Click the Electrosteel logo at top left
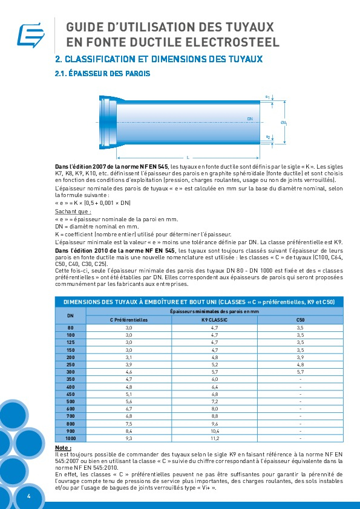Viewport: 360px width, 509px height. tap(27, 35)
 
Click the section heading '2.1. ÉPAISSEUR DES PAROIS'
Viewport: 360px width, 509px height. tap(103, 74)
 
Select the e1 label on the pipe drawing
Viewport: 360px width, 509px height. tap(267, 96)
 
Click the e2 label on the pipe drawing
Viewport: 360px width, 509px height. tap(267, 137)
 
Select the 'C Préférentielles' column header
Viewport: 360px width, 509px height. tap(128, 319)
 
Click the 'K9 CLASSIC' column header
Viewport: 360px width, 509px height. tap(214, 319)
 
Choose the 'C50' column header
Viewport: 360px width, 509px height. tap(300, 319)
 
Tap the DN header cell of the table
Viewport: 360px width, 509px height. tap(70, 315)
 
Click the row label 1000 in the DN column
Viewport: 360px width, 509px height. tap(70, 437)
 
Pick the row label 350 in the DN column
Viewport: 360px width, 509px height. tap(70, 378)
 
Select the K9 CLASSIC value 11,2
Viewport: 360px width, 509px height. tap(214, 437)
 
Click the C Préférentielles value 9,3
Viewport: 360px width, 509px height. tap(128, 437)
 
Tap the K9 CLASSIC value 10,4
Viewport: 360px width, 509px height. tap(214, 430)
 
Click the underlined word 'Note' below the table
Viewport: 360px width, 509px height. tap(63, 447)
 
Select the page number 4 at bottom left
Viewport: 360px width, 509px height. tap(28, 496)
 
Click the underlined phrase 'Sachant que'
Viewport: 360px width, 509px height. tap(73, 212)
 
